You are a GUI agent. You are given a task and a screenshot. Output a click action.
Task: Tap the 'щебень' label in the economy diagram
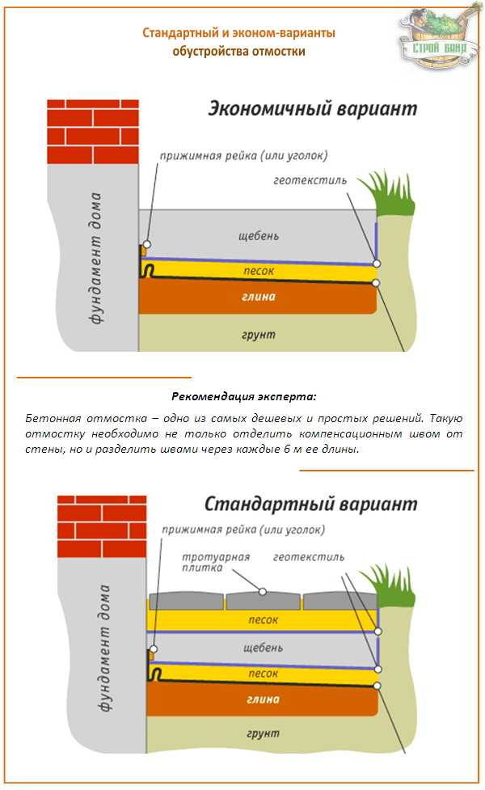pos(259,236)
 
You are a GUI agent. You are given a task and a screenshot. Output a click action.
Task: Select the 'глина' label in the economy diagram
pos(259,297)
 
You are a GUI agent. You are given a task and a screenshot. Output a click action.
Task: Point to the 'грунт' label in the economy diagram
pos(259,333)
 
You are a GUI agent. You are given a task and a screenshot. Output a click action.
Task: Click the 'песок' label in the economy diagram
pos(259,269)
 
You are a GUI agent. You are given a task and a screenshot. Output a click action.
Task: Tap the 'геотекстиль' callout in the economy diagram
pos(310,180)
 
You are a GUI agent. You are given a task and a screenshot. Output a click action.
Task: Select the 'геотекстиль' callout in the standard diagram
pos(309,557)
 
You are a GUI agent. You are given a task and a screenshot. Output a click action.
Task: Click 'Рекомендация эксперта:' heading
pos(244,397)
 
